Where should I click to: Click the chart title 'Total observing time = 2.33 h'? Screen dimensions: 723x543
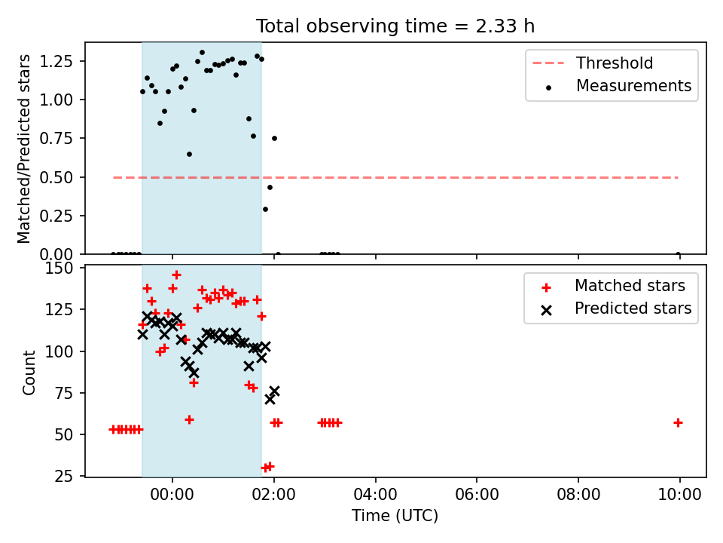tap(395, 26)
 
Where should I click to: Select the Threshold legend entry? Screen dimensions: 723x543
tap(593, 63)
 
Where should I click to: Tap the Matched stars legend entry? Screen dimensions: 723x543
tap(613, 286)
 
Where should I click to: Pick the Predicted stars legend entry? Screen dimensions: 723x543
tap(616, 308)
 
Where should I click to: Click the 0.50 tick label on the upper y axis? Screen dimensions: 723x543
tap(56, 177)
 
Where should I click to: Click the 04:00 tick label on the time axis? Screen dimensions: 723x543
tap(375, 495)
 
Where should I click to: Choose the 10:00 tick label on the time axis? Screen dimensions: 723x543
tap(679, 495)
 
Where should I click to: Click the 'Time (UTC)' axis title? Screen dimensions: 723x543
tap(395, 515)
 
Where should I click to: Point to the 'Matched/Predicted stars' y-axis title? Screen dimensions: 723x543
tap(23, 149)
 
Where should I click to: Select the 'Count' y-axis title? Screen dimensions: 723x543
tap(29, 373)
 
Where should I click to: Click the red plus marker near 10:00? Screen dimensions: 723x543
tap(678, 422)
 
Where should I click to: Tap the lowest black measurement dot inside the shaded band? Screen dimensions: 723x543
tap(189, 154)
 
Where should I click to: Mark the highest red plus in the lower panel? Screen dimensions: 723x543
tap(176, 275)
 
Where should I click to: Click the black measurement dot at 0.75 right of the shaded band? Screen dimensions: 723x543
tap(274, 139)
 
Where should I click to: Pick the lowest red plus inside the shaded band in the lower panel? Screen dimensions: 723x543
tap(189, 420)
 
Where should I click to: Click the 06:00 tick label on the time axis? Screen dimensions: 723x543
tap(477, 495)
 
